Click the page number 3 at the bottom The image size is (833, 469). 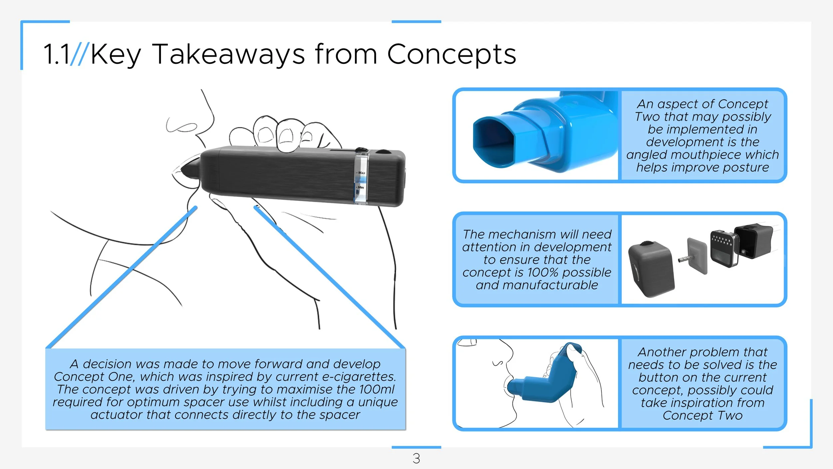[x=416, y=458]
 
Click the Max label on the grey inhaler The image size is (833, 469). [x=362, y=173]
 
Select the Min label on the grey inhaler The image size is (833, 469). [x=361, y=187]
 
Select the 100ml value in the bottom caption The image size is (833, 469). [x=377, y=389]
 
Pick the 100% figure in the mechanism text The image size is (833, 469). [x=543, y=273]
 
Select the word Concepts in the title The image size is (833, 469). [x=451, y=54]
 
